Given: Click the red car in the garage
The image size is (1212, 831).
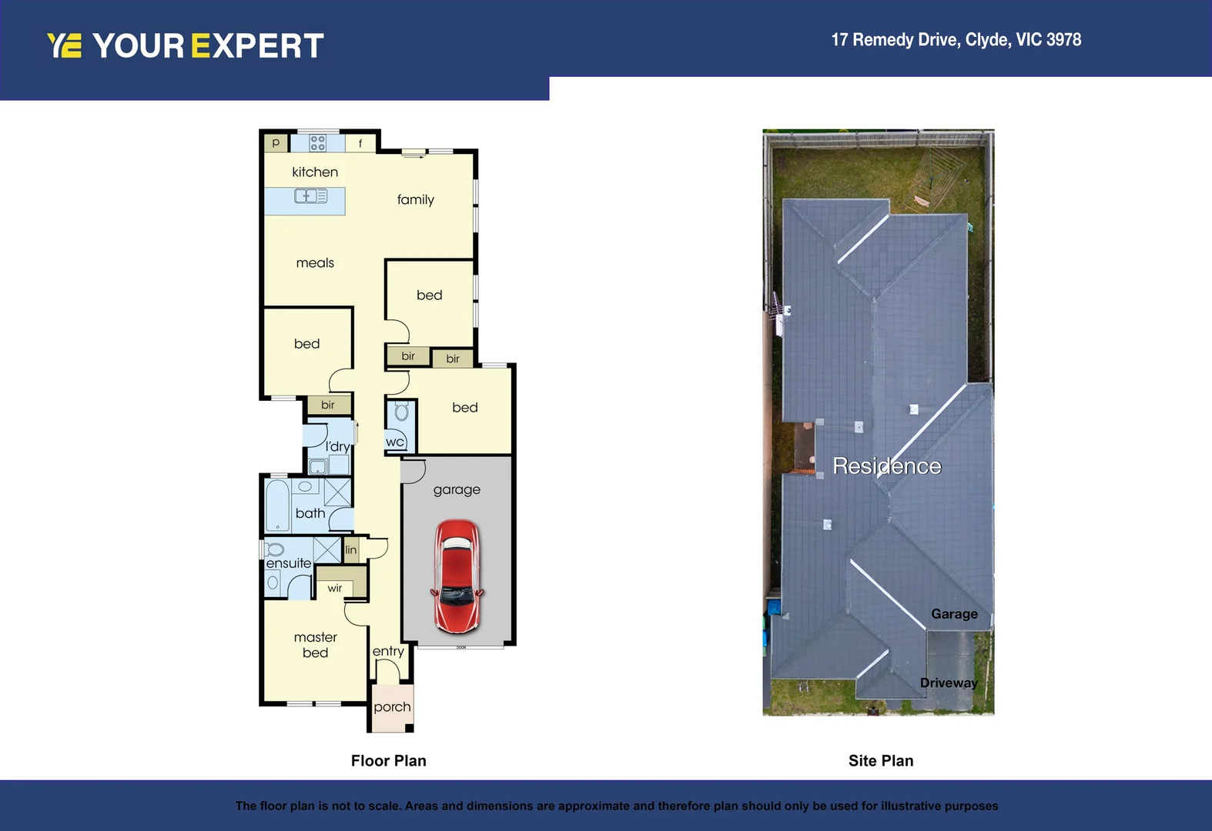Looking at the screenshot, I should pyautogui.click(x=457, y=576).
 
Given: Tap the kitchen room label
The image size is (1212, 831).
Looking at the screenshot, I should pyautogui.click(x=315, y=172).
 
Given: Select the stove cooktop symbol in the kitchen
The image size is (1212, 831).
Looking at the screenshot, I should pyautogui.click(x=317, y=143).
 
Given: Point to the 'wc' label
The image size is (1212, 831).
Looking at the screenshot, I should pyautogui.click(x=395, y=442).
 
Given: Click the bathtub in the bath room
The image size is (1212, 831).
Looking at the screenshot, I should pyautogui.click(x=277, y=506).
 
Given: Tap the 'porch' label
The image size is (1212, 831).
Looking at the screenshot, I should pyautogui.click(x=392, y=707).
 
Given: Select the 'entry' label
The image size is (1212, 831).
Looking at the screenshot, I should pyautogui.click(x=388, y=651).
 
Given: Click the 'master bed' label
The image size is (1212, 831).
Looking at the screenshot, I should pyautogui.click(x=316, y=645).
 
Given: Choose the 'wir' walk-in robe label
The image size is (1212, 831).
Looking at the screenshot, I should pyautogui.click(x=335, y=589).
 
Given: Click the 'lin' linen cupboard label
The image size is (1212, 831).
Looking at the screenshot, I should pyautogui.click(x=351, y=549).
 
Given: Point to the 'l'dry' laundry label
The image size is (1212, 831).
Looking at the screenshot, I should pyautogui.click(x=337, y=446).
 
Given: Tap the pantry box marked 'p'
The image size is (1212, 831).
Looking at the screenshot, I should pyautogui.click(x=276, y=143).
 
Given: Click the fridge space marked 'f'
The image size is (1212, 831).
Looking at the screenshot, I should pyautogui.click(x=360, y=143).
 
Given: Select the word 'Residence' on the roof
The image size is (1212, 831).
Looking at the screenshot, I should pyautogui.click(x=887, y=466).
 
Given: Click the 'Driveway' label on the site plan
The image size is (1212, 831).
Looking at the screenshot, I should pyautogui.click(x=949, y=683).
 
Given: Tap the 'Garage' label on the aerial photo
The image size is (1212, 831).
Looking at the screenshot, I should pyautogui.click(x=954, y=614).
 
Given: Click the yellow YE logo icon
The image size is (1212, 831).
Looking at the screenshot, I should pyautogui.click(x=64, y=45).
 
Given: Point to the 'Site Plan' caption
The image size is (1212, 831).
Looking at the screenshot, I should pyautogui.click(x=881, y=761).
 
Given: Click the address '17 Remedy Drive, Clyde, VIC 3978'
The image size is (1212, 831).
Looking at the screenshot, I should pyautogui.click(x=956, y=40).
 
